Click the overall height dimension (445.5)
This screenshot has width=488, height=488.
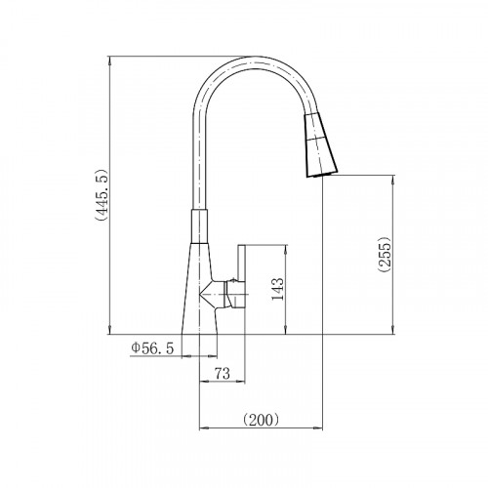pyautogui.click(x=102, y=195)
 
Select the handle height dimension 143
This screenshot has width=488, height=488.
pyautogui.click(x=277, y=289)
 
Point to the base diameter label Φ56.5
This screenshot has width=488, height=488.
pyautogui.click(x=152, y=348)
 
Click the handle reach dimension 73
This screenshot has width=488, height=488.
pyautogui.click(x=223, y=374)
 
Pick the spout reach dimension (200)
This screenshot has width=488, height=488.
pyautogui.click(x=261, y=420)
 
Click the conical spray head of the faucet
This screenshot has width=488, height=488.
pyautogui.click(x=321, y=144)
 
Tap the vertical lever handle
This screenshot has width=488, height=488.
pyautogui.click(x=241, y=276)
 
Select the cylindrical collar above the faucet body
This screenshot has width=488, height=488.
pyautogui.click(x=199, y=226)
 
